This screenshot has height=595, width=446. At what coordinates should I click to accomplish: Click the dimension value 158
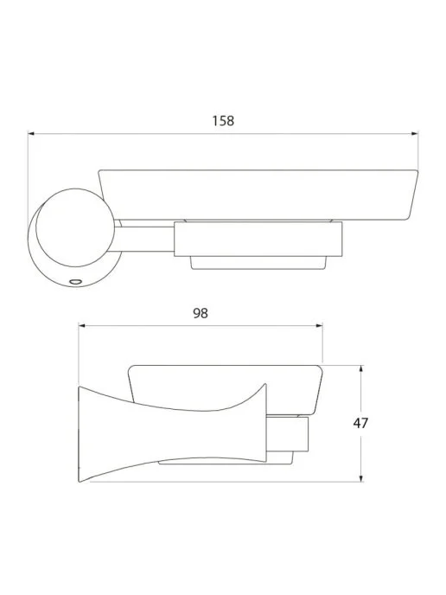click(x=223, y=121)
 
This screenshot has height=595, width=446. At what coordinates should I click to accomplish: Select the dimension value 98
click(x=201, y=313)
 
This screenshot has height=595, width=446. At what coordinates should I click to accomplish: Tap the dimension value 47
click(x=360, y=423)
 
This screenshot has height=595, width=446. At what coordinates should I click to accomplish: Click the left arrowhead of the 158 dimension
click(x=31, y=133)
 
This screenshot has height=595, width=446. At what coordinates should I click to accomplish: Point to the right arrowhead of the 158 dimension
click(x=415, y=133)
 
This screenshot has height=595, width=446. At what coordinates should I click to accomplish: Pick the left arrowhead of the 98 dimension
click(x=82, y=325)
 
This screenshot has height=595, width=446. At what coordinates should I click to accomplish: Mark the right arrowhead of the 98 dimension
click(x=319, y=325)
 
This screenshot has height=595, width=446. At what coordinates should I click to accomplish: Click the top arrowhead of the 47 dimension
click(x=360, y=368)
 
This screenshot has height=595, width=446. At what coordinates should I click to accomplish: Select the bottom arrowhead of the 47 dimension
click(x=360, y=478)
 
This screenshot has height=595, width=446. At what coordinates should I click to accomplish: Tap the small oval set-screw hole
click(x=75, y=282)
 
